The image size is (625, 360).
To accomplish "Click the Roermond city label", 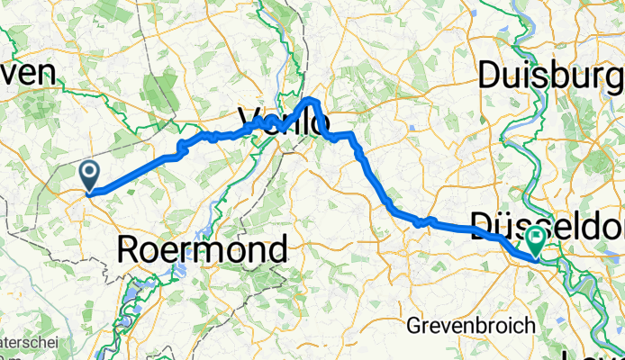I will (x=203, y=248).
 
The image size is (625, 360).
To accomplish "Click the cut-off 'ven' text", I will (x=27, y=76).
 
